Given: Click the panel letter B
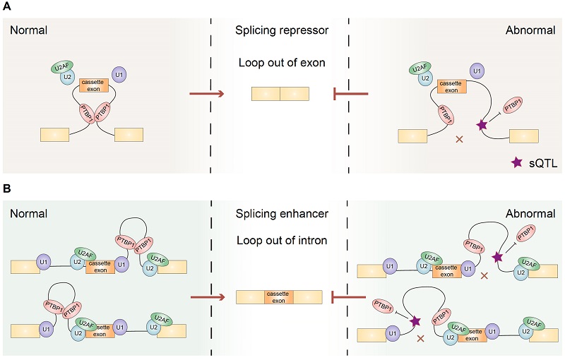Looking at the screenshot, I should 6,190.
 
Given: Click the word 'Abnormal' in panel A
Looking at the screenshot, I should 530,32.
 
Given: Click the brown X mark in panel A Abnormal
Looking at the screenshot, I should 460,140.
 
